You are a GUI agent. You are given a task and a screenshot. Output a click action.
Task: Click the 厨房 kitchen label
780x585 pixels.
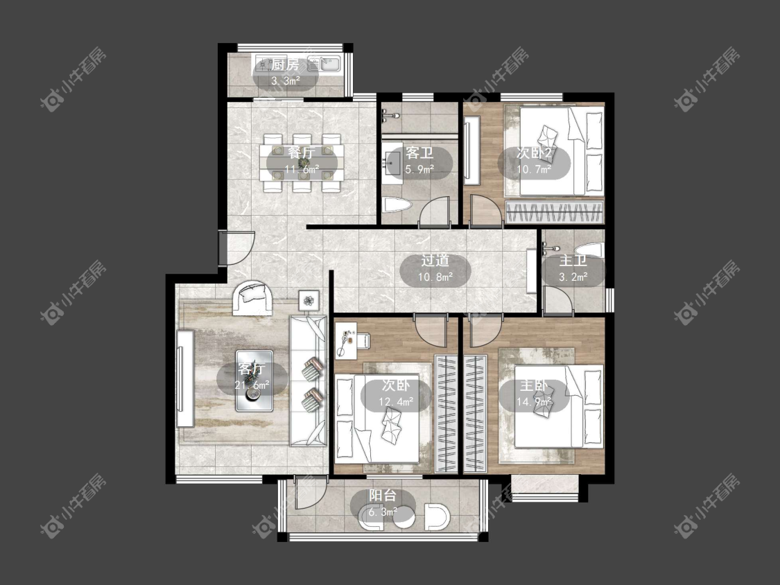[285, 64]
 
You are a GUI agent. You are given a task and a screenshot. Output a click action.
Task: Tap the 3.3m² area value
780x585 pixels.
[286, 81]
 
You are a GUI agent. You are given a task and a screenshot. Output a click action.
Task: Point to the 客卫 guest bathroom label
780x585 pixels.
[419, 152]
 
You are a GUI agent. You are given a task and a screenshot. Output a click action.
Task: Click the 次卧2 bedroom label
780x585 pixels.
[535, 152]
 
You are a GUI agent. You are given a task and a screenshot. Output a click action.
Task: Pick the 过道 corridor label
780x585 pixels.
[435, 260]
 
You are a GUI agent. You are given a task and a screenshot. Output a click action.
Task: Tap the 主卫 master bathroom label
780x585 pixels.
[573, 261]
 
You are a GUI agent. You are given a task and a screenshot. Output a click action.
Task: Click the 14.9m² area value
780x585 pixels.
[535, 402]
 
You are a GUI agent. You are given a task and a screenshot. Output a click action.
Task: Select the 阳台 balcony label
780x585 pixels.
[383, 496]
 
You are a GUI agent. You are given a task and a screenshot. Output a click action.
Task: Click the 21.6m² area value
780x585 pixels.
[252, 385]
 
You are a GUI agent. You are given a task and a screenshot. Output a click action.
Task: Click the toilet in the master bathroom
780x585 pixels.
[589, 250]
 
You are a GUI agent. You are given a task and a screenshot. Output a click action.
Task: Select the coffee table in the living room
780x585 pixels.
[254, 381]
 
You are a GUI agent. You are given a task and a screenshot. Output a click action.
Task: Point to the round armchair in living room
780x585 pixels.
[252, 298]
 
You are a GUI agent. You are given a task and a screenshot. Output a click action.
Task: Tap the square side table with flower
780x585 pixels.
[309, 300]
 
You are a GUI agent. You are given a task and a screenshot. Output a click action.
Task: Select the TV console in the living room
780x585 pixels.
[184, 378]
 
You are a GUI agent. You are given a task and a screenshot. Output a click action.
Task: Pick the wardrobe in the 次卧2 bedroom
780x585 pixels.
[554, 212]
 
